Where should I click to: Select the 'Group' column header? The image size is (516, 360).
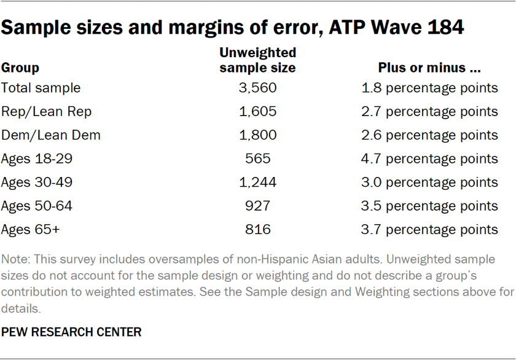pyautogui.click(x=20, y=68)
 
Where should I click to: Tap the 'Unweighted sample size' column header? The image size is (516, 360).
pyautogui.click(x=257, y=60)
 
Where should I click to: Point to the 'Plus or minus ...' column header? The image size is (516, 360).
pyautogui.click(x=429, y=68)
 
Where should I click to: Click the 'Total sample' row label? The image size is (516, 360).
pyautogui.click(x=41, y=88)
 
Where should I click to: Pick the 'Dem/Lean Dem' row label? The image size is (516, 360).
pyautogui.click(x=50, y=135)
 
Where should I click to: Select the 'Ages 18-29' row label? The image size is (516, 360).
pyautogui.click(x=37, y=158)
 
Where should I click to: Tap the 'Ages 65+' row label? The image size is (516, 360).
pyautogui.click(x=30, y=230)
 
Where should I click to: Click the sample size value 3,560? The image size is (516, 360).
pyautogui.click(x=257, y=88)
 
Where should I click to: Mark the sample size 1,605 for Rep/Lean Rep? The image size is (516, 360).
pyautogui.click(x=257, y=111)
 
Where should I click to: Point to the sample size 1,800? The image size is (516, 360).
pyautogui.click(x=257, y=135)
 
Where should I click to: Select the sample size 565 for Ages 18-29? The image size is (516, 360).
pyautogui.click(x=257, y=158)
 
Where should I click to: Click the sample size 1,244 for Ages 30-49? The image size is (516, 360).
pyautogui.click(x=257, y=182)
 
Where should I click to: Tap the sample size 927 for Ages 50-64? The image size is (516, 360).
pyautogui.click(x=257, y=206)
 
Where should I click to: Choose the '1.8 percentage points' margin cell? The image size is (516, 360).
pyautogui.click(x=429, y=88)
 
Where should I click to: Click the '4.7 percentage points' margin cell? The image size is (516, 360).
pyautogui.click(x=429, y=158)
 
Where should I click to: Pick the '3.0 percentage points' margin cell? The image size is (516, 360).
pyautogui.click(x=429, y=182)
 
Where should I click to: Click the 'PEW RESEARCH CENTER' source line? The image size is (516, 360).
pyautogui.click(x=71, y=332)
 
